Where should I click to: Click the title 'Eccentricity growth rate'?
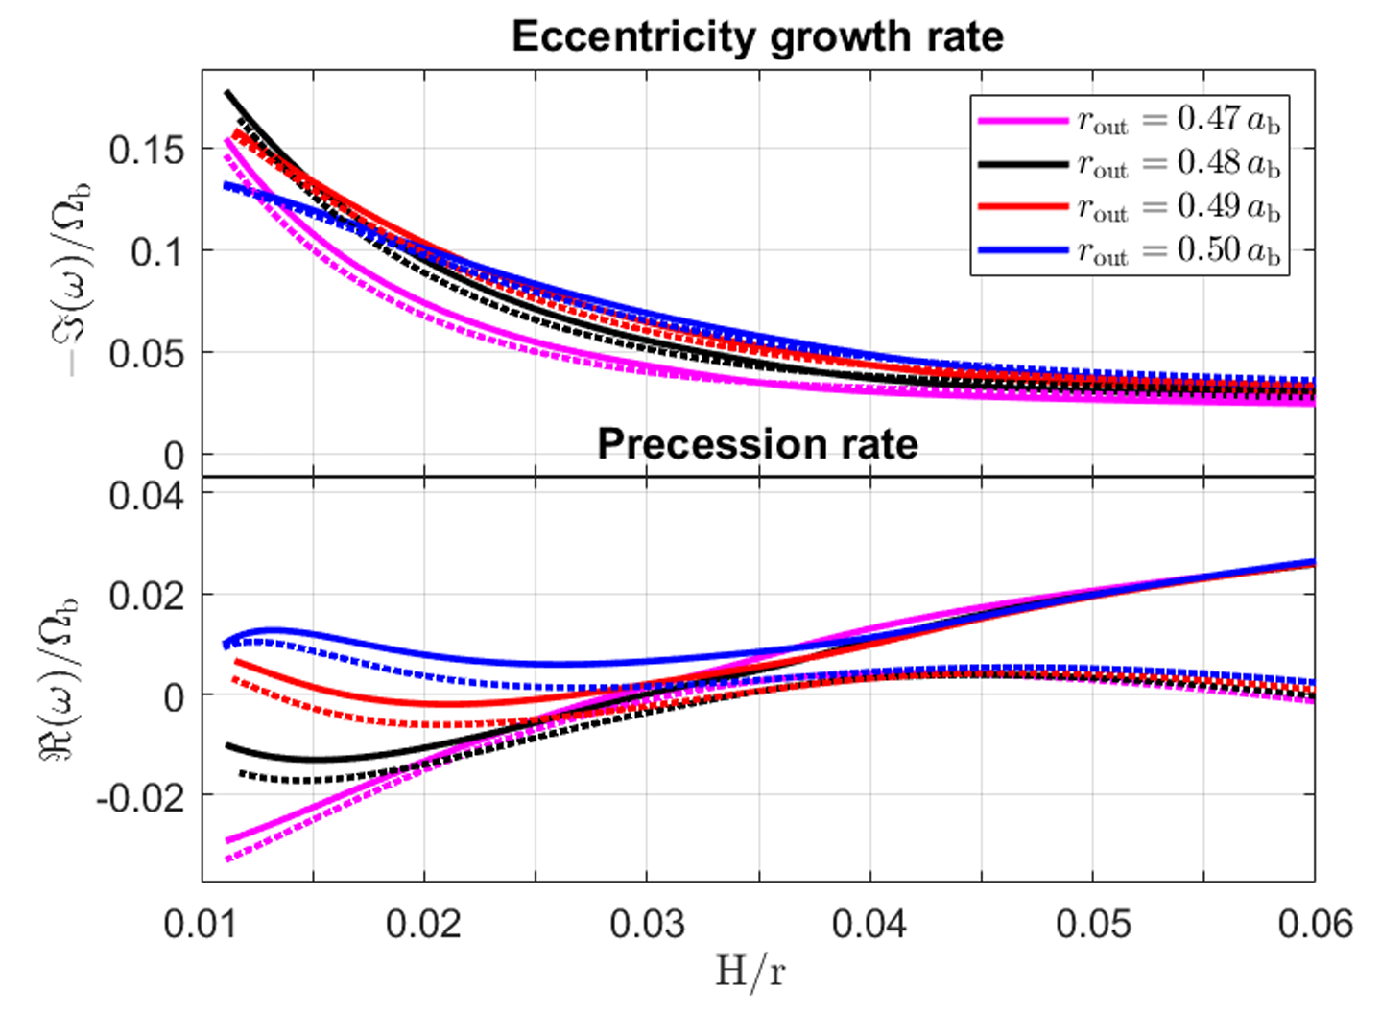click(x=757, y=36)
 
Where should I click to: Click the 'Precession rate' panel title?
click(x=757, y=443)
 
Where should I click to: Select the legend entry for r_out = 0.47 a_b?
click(x=1129, y=120)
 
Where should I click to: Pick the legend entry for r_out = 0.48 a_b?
click(x=1129, y=164)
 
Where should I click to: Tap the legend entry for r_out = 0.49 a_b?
click(x=1129, y=207)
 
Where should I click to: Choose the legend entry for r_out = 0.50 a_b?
click(x=1129, y=250)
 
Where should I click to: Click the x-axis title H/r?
click(x=750, y=972)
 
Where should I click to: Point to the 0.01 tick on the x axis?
click(x=202, y=924)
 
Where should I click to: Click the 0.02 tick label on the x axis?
click(x=423, y=924)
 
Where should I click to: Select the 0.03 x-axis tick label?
click(x=647, y=924)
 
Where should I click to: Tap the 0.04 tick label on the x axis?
click(x=869, y=924)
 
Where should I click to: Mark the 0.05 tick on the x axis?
click(x=1093, y=924)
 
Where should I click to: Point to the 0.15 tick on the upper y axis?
click(x=146, y=150)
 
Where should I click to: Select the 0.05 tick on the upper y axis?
click(x=146, y=354)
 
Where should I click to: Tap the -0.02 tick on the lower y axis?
click(x=140, y=796)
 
